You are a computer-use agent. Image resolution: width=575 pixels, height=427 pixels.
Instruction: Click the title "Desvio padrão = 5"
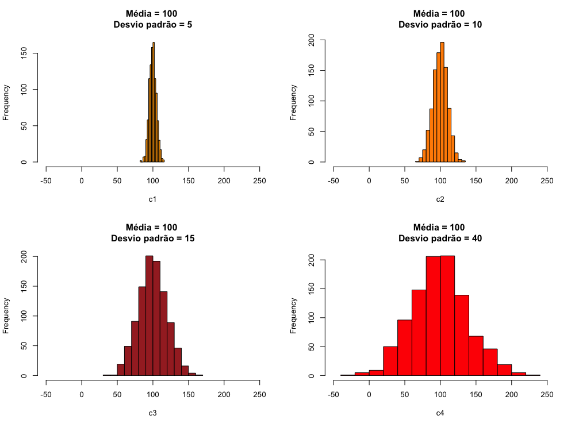click(x=153, y=24)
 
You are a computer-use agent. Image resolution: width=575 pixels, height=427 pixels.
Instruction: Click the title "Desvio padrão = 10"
click(x=440, y=24)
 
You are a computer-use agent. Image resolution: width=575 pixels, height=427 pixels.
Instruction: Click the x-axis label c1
click(x=153, y=199)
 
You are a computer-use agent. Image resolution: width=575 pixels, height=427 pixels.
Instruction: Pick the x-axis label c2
click(x=440, y=199)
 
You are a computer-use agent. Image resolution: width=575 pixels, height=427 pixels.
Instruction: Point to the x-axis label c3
click(x=153, y=413)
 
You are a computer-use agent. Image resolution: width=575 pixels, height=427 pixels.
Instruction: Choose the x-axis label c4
click(x=440, y=413)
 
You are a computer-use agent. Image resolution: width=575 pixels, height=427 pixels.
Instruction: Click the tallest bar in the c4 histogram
click(x=447, y=316)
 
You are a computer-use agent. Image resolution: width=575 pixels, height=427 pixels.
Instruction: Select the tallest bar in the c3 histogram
click(x=149, y=316)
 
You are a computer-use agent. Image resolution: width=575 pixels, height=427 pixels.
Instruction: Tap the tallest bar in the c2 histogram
click(x=442, y=103)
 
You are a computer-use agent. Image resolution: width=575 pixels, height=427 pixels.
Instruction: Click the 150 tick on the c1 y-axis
click(x=25, y=53)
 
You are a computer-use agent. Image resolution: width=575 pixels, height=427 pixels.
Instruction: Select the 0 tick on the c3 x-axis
click(x=82, y=394)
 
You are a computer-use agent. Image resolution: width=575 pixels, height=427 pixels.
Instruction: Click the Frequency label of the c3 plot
click(x=6, y=316)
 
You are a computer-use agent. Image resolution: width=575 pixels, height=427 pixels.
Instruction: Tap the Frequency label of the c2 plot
click(x=293, y=102)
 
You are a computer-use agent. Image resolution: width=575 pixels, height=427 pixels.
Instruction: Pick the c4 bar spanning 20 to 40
click(x=390, y=361)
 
